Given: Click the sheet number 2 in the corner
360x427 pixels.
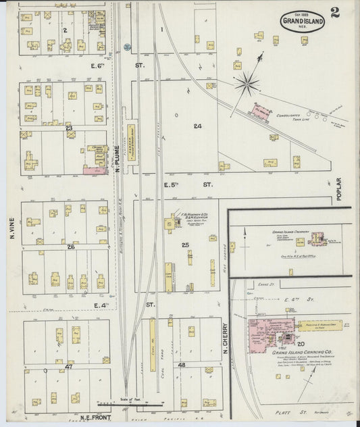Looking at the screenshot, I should [335, 12].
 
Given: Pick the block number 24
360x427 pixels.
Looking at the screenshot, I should [197, 126].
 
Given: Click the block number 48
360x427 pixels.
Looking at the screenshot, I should [181, 365].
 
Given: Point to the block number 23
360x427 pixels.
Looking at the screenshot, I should [69, 128].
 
